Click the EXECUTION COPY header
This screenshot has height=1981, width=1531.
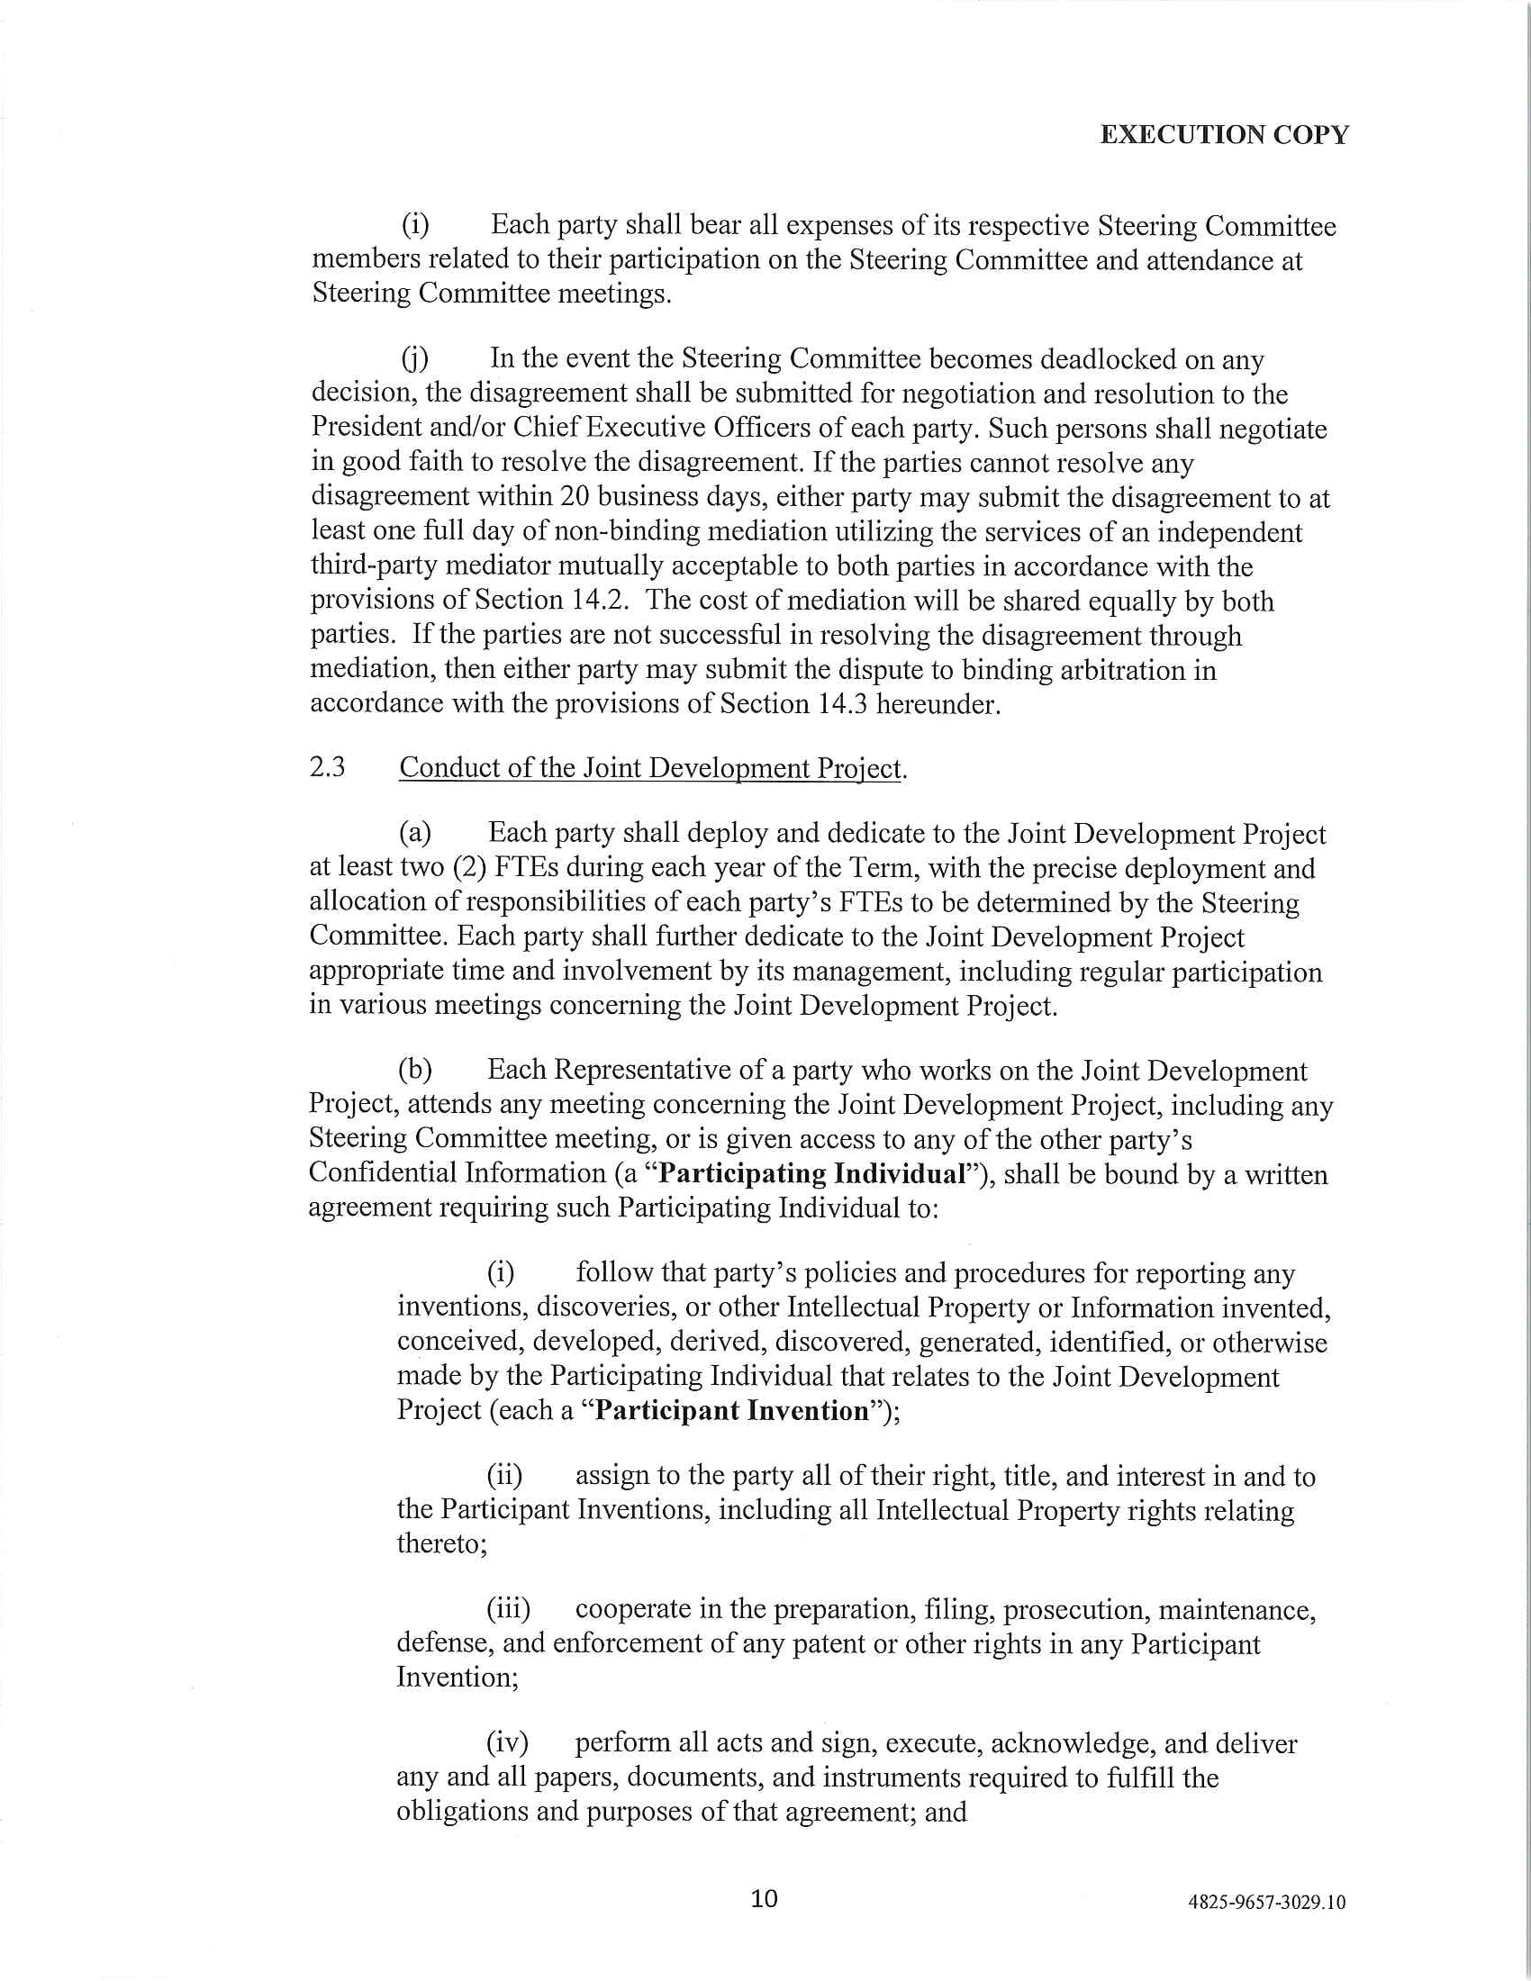(1224, 135)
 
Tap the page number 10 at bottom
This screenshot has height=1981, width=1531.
(765, 1898)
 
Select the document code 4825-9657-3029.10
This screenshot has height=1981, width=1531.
(1266, 1902)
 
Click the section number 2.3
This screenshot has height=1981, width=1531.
(328, 767)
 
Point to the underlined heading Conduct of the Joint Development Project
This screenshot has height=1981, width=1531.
(650, 768)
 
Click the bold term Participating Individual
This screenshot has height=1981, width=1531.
(811, 1173)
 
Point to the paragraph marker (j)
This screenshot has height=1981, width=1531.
(415, 359)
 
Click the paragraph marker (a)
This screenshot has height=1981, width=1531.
(414, 833)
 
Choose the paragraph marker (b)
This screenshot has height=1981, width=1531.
(414, 1071)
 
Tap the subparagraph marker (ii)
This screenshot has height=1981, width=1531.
(504, 1476)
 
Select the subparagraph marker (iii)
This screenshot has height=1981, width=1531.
(508, 1609)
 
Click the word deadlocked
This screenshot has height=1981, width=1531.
(1110, 359)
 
